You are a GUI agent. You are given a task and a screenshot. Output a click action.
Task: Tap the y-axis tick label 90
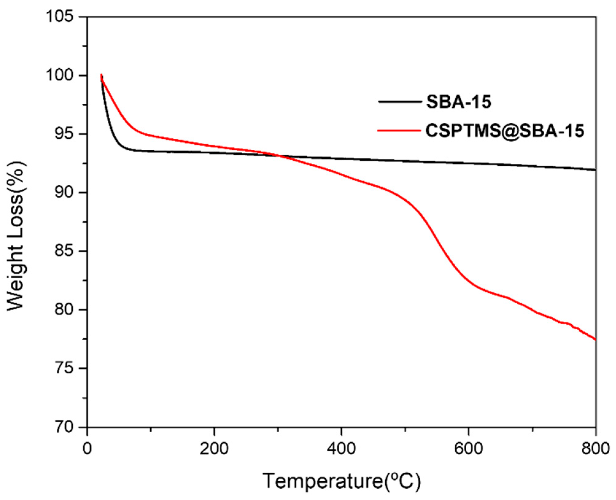(x=64, y=192)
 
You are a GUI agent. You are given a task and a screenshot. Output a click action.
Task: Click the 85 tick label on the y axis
(x=64, y=251)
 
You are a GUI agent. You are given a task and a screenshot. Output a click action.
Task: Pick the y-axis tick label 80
(x=64, y=310)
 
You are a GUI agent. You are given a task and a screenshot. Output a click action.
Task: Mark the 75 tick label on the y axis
(x=64, y=368)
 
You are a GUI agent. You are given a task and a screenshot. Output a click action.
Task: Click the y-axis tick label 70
(x=64, y=427)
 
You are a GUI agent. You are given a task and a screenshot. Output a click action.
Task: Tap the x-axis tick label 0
(x=87, y=448)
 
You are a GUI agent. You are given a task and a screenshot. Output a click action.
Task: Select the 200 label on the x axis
(x=214, y=448)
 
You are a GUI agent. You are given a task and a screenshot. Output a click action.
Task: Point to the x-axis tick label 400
(x=341, y=448)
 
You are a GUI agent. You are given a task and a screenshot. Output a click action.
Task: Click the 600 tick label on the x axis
(x=468, y=448)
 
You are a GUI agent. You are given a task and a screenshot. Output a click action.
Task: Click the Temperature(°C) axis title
(x=342, y=481)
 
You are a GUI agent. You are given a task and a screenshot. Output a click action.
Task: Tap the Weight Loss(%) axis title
(x=16, y=236)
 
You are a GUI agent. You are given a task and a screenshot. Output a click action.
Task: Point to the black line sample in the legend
(x=399, y=102)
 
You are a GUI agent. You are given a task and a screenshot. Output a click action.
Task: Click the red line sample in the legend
(x=399, y=131)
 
